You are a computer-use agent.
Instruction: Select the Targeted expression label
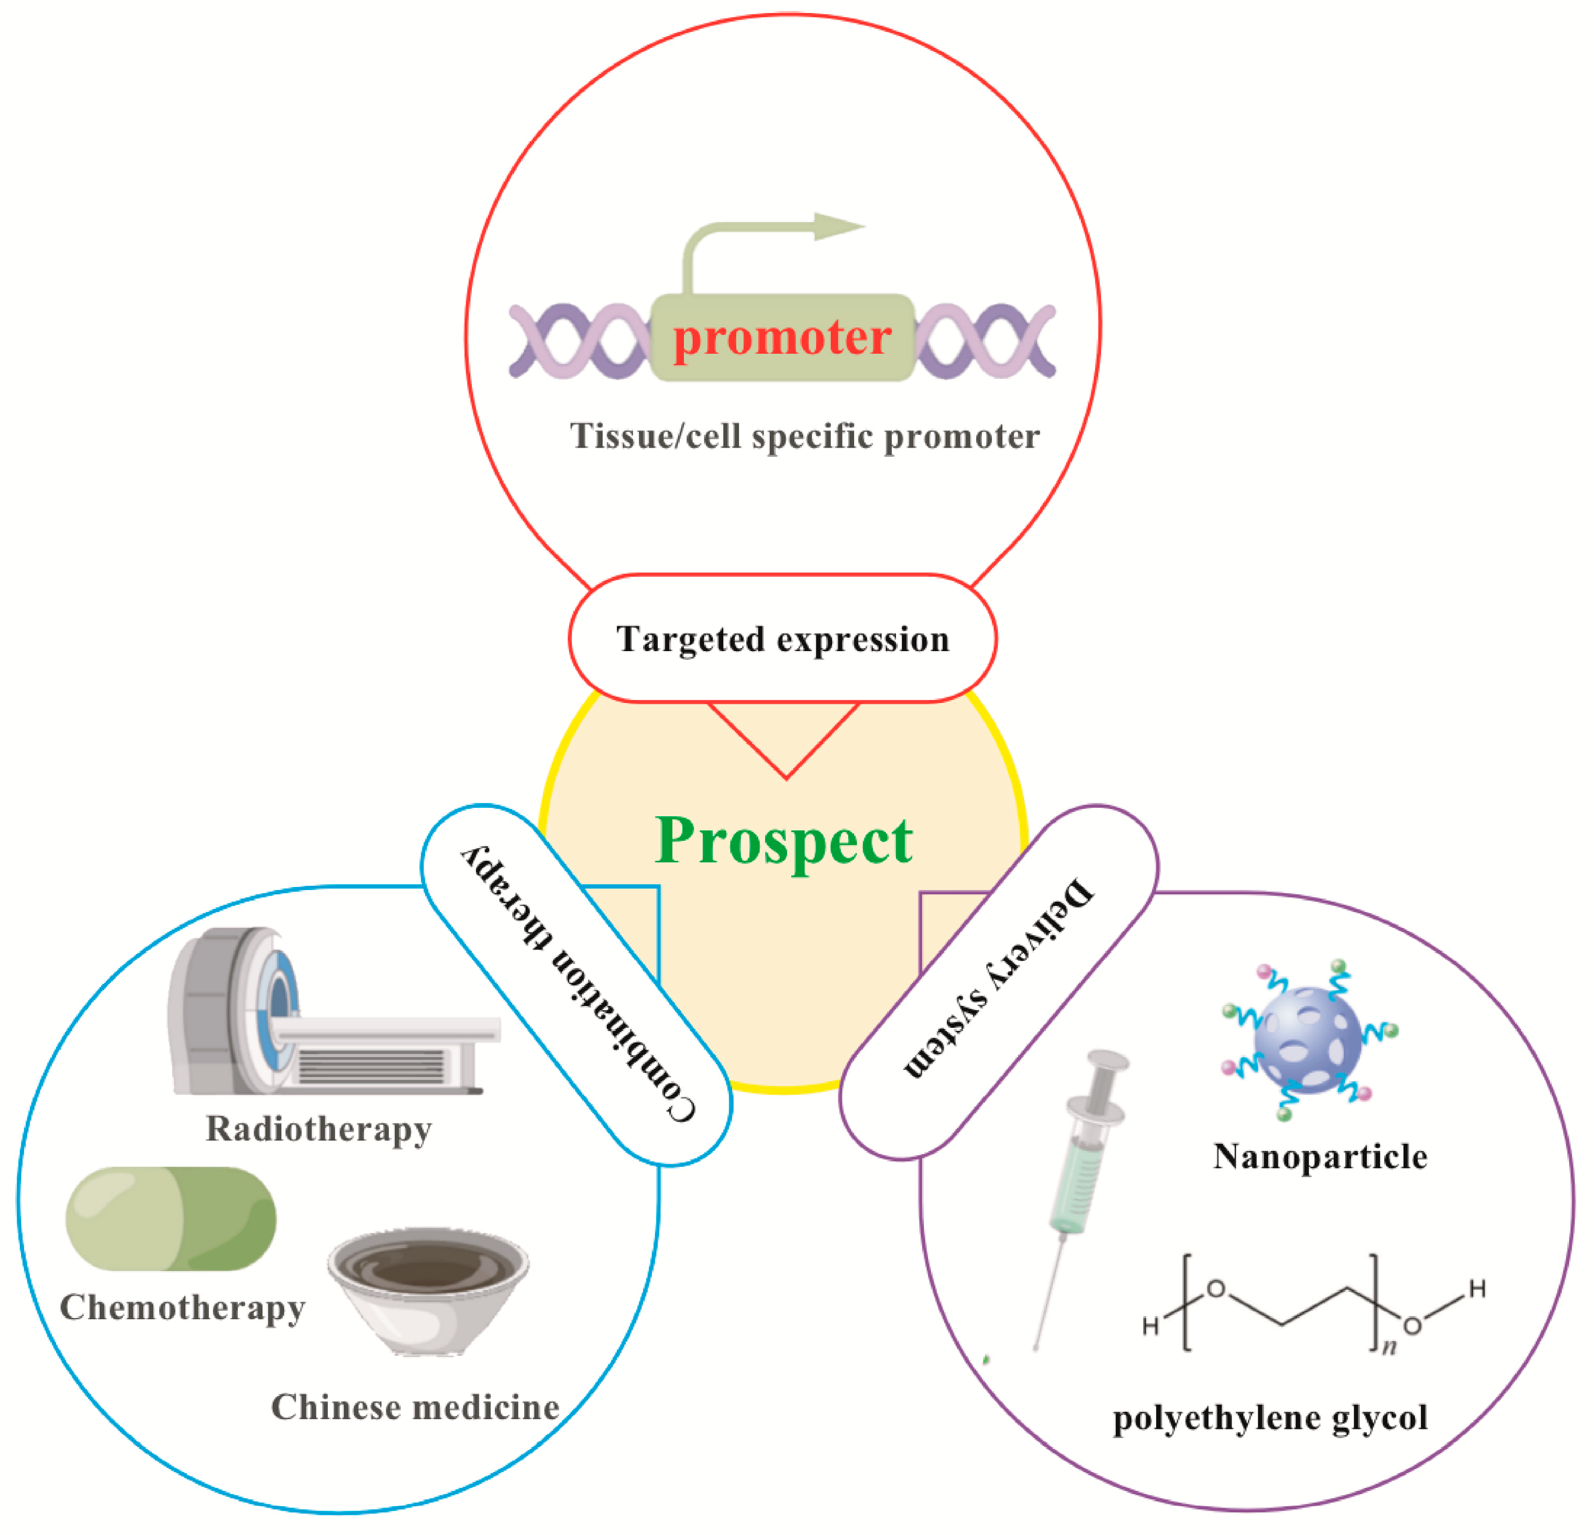click(x=782, y=639)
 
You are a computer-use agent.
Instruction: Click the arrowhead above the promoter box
click(x=838, y=227)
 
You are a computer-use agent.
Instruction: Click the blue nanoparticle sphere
click(x=1308, y=1039)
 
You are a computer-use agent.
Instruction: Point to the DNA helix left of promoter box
click(x=579, y=341)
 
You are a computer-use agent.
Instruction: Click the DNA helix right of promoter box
click(x=986, y=341)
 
